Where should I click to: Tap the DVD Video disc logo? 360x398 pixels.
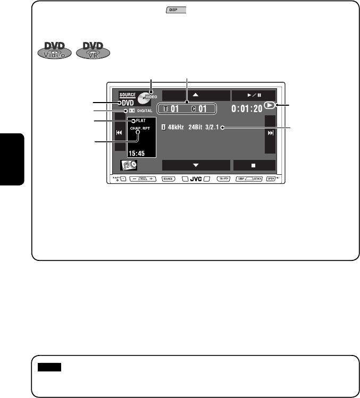click(x=53, y=48)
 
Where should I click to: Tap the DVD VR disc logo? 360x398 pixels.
click(x=93, y=48)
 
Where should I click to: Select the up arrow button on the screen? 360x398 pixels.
click(x=196, y=96)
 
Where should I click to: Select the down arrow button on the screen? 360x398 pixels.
click(x=196, y=165)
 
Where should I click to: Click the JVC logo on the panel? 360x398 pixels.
click(x=196, y=179)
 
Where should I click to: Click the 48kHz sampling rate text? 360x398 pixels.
click(x=174, y=128)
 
